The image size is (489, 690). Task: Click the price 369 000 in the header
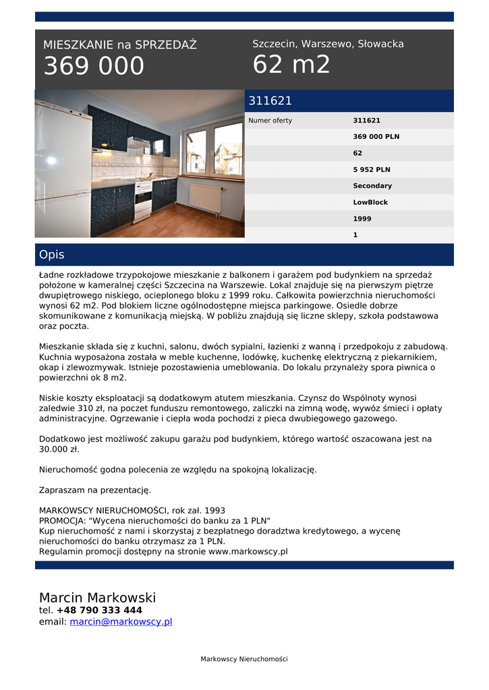[x=94, y=66]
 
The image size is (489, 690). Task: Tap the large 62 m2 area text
[x=291, y=65]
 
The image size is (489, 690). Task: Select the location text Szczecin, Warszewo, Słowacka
[x=328, y=44]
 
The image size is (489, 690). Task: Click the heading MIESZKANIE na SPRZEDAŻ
[x=120, y=45]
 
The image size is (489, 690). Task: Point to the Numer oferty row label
[x=270, y=121]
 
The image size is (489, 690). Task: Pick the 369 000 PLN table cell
[x=376, y=137]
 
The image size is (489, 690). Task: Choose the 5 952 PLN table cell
[x=372, y=170]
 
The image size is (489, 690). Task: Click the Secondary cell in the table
[x=372, y=186]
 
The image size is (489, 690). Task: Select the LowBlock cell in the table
[x=370, y=202]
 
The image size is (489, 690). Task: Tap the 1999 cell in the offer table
[x=362, y=219]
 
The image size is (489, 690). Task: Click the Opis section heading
[x=52, y=255]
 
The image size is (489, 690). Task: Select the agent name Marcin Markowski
[x=97, y=598]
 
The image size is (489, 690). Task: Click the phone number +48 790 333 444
[x=99, y=610]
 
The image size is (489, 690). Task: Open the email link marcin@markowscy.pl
[x=121, y=622]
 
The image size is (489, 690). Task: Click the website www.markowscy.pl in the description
[x=248, y=551]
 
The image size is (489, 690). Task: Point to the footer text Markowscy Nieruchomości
[x=244, y=659]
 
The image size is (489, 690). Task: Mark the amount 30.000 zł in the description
[x=59, y=449]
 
